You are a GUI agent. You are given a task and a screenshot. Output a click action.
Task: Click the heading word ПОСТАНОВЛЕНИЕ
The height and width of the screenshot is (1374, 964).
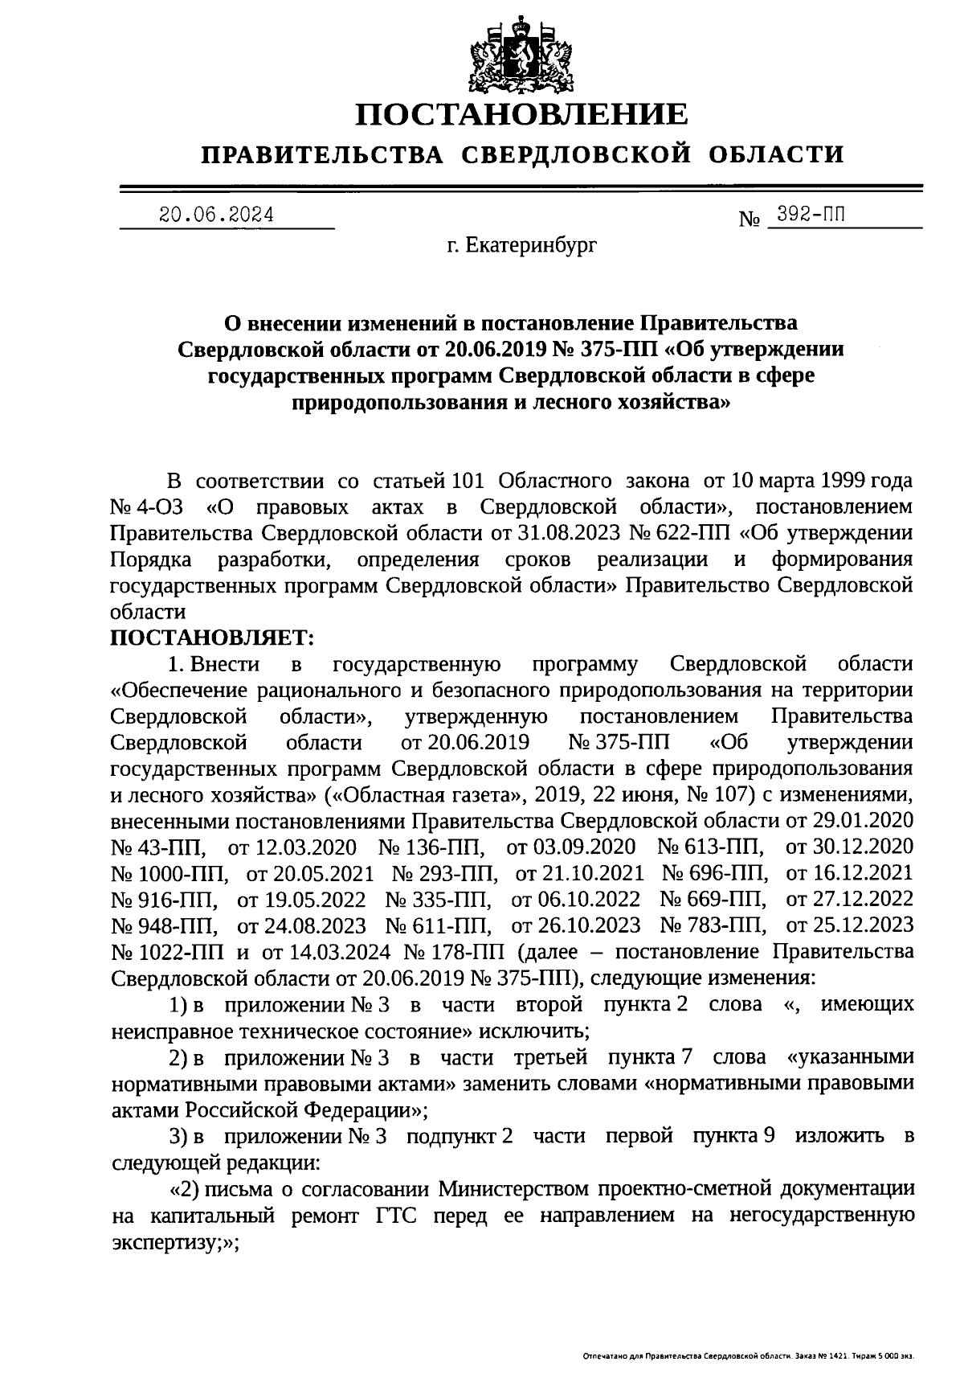522,115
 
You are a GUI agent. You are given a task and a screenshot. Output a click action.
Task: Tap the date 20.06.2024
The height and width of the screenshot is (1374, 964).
216,215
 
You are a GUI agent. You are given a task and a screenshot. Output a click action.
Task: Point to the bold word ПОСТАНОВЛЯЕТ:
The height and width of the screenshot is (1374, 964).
212,638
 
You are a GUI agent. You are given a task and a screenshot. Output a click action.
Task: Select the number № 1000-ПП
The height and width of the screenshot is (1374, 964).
170,873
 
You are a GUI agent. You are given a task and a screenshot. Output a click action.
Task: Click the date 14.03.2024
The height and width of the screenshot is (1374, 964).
338,952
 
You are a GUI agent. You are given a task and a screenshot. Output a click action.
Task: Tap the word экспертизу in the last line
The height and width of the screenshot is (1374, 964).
170,1242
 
